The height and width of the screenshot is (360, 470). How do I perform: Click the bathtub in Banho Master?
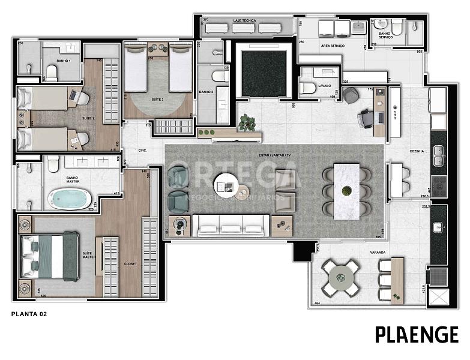(70, 199)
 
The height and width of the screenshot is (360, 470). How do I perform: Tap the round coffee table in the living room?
(227, 184)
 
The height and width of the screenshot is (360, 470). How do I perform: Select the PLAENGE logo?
(417, 335)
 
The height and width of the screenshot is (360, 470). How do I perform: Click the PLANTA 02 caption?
(29, 313)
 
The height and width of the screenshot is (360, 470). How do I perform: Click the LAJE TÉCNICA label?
(244, 21)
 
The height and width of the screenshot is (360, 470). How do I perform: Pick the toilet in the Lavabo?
(307, 88)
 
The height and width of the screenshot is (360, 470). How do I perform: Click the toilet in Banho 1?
(52, 74)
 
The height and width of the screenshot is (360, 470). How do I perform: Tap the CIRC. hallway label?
(143, 150)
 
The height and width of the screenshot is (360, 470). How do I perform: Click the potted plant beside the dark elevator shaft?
(246, 122)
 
